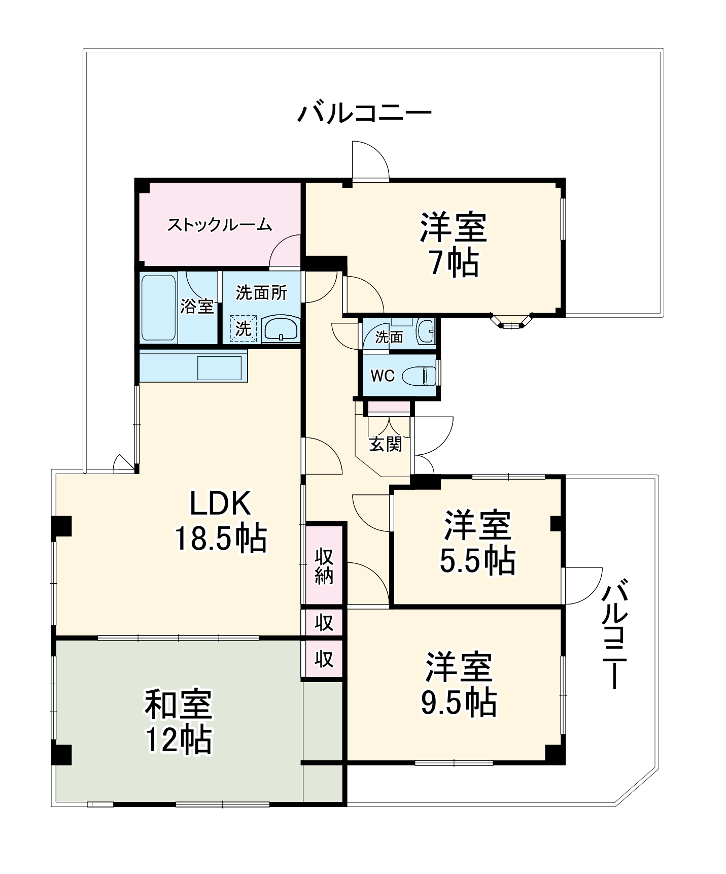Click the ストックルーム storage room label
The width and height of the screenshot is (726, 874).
(x=219, y=225)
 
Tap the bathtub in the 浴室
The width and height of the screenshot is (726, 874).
(x=158, y=307)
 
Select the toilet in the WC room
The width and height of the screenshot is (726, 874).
(x=420, y=377)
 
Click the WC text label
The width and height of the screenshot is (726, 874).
(x=383, y=376)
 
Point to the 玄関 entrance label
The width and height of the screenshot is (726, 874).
(x=386, y=444)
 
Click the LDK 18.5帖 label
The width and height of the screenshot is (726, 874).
(x=220, y=521)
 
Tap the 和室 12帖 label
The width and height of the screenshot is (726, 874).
(x=179, y=721)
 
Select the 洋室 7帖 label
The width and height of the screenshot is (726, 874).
(x=453, y=245)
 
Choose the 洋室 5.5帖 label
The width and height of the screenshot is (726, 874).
(x=477, y=543)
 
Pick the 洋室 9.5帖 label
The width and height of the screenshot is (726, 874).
(x=459, y=685)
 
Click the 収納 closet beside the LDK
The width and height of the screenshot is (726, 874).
(x=324, y=566)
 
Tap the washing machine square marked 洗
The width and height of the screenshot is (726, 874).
(x=244, y=329)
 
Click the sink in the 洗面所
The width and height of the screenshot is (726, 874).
(x=281, y=329)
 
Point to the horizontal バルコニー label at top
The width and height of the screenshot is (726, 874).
(x=364, y=113)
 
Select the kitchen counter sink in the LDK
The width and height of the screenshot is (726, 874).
(x=219, y=368)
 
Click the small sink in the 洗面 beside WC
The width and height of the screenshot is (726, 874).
(x=425, y=331)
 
